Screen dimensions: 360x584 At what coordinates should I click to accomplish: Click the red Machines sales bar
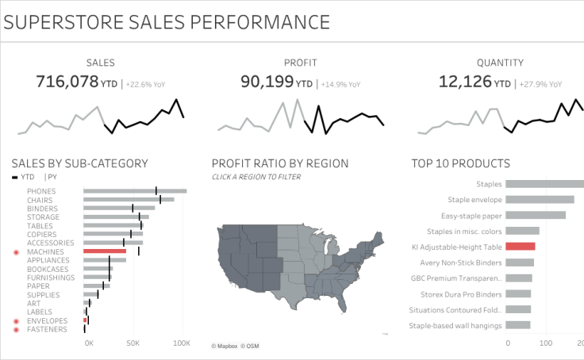click(x=105, y=251)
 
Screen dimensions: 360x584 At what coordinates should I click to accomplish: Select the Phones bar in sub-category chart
click(x=135, y=191)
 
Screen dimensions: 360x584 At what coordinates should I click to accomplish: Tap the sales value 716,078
click(x=67, y=81)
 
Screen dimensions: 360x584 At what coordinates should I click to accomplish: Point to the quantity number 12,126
click(x=465, y=81)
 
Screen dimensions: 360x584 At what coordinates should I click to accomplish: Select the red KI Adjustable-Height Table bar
click(x=520, y=247)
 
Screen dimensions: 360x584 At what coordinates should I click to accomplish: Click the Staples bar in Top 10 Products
click(x=544, y=184)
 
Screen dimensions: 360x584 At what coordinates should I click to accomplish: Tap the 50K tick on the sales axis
click(x=133, y=343)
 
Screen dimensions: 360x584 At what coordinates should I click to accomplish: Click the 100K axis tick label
click(x=182, y=343)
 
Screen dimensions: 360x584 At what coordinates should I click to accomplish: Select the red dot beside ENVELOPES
click(x=16, y=321)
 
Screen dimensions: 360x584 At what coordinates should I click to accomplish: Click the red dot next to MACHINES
click(x=16, y=252)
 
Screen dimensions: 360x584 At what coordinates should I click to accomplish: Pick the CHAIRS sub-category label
click(x=40, y=200)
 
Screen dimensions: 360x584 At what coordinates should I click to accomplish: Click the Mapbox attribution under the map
click(x=225, y=346)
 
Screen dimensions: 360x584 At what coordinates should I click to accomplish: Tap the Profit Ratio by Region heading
click(x=280, y=163)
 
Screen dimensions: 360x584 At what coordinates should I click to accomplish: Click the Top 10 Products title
click(x=460, y=163)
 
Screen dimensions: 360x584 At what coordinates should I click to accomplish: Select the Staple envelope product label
click(x=474, y=200)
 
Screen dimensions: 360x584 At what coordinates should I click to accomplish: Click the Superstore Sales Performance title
click(x=167, y=21)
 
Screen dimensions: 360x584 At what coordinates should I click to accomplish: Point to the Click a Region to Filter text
click(x=255, y=177)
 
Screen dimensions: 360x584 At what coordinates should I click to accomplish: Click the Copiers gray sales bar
click(x=113, y=234)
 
